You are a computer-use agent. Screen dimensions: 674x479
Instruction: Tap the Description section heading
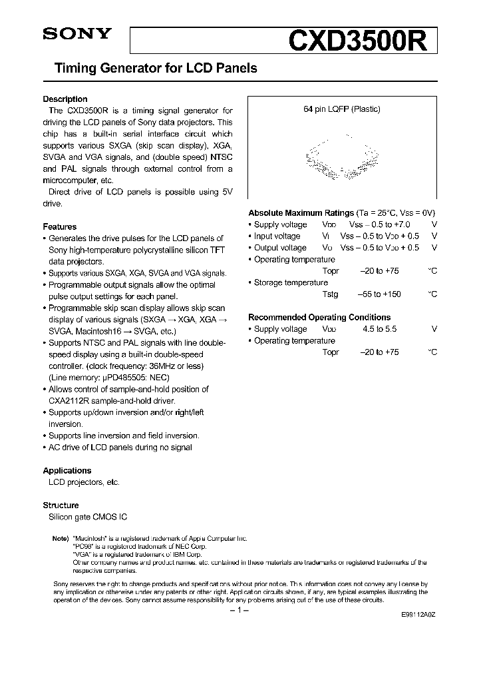pos(65,99)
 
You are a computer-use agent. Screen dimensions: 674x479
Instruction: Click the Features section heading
pos(60,226)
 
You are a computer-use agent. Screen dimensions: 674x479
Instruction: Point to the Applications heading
pos(67,470)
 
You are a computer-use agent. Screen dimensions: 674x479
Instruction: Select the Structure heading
pos(61,505)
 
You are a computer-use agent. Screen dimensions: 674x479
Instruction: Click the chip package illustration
pos(342,157)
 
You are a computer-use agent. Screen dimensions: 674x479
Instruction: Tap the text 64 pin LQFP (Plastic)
pos(342,109)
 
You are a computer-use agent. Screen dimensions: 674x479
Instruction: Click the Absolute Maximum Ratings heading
pos(301,212)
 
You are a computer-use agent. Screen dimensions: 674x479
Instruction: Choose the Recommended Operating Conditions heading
pos(319,317)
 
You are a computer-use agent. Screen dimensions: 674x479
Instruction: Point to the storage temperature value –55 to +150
pos(381,294)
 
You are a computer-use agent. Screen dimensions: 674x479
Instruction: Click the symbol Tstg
pos(330,294)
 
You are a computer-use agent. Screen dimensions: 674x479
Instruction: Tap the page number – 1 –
pos(239,609)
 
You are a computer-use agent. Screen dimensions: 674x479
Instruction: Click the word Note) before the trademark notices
pos(60,537)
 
